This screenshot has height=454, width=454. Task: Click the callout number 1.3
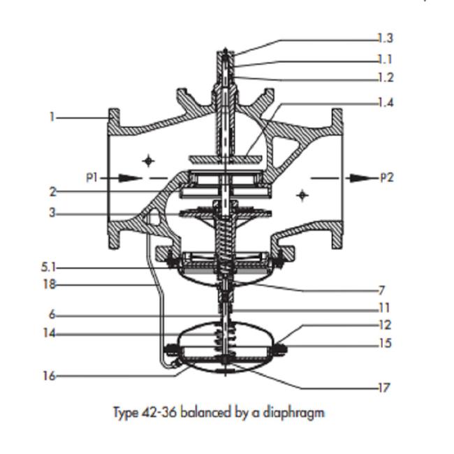[386, 38]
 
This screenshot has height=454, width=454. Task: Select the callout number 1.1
[385, 59]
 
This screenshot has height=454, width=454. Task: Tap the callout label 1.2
[386, 78]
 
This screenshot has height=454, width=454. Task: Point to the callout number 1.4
[386, 103]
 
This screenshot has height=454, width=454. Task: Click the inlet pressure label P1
[92, 177]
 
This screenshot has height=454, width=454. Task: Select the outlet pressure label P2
[387, 177]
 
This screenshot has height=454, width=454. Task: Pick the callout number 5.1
[48, 267]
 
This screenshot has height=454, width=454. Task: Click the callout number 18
[49, 284]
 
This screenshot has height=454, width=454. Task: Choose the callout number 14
[49, 333]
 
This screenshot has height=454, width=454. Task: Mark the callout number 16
[49, 376]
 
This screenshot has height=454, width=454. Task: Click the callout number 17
[384, 388]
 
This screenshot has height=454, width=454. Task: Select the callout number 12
[385, 325]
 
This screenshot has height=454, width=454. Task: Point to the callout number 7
[382, 290]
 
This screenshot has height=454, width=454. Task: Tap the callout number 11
[385, 307]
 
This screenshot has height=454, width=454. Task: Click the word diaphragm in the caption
[293, 413]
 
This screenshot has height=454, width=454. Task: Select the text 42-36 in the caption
[159, 412]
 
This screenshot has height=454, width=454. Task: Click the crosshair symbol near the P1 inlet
[149, 161]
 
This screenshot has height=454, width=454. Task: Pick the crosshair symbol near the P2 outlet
[302, 196]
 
